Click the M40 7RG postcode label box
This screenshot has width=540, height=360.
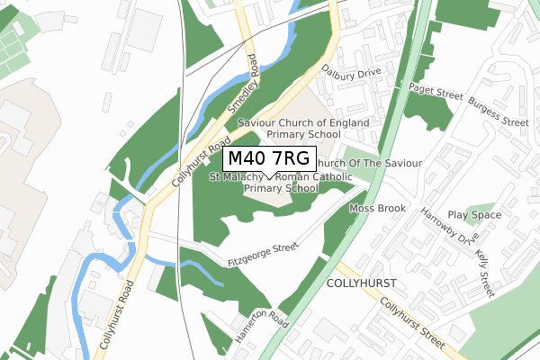pos(268,158)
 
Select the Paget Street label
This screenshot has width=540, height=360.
pos(435,89)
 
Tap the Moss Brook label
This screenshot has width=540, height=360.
pos(378,209)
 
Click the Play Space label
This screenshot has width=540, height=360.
pos(474,215)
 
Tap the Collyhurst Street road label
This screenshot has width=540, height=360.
pos(411,319)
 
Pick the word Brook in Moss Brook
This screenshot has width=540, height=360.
pos(391,209)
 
